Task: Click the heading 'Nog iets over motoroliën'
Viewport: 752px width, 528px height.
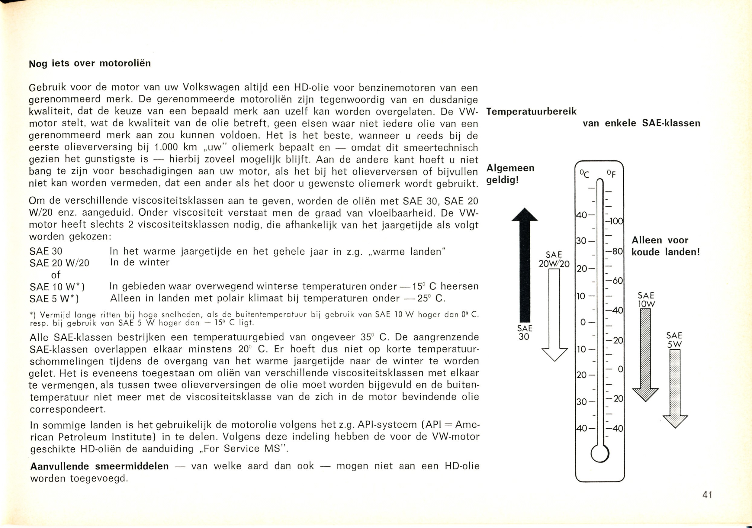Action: click(90, 63)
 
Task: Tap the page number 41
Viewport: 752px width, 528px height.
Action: click(707, 494)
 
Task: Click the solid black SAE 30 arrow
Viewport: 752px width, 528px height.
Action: click(525, 265)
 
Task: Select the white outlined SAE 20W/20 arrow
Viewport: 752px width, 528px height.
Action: click(554, 314)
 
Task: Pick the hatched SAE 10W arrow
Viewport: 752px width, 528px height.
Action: click(645, 354)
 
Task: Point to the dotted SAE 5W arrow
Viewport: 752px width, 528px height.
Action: click(675, 387)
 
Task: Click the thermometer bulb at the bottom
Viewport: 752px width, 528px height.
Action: click(600, 454)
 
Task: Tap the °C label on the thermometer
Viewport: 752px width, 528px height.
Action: click(584, 174)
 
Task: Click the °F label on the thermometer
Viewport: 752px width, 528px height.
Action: click(611, 174)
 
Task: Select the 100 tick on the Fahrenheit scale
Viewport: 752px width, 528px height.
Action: click(615, 221)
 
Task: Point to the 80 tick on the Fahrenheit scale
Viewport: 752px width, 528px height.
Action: click(615, 252)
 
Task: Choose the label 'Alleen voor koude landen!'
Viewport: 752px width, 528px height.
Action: click(666, 246)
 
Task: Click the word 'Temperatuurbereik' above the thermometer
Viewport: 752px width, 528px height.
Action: click(531, 112)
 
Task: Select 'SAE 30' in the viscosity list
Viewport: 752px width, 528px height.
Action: click(46, 251)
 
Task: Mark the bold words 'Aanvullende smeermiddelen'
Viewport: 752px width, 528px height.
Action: click(99, 466)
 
